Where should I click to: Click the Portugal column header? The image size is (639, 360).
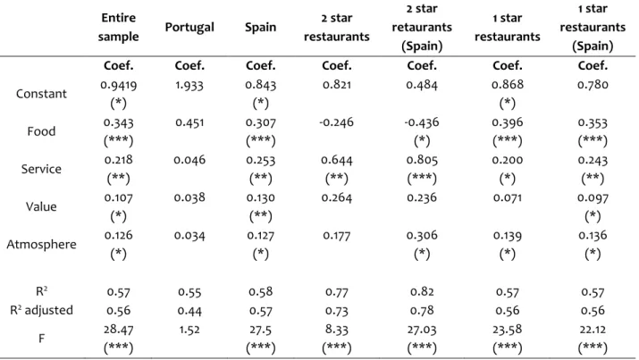[x=189, y=28]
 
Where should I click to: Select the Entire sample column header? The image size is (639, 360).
[x=118, y=28]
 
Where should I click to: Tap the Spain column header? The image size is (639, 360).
[x=260, y=28]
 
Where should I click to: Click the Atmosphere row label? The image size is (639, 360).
[x=41, y=245]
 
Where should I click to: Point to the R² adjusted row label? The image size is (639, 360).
[x=41, y=310]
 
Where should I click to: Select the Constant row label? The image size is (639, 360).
[x=41, y=94]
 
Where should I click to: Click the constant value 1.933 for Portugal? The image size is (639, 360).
[x=189, y=85]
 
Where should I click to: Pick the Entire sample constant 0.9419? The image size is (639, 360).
[x=118, y=85]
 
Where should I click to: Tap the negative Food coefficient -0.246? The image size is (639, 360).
[x=337, y=122]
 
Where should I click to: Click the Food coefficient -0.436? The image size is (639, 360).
[x=422, y=122]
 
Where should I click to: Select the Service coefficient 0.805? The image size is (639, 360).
[x=422, y=160]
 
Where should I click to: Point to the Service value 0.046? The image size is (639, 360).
[x=189, y=160]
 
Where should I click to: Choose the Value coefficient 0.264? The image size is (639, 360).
[x=337, y=198]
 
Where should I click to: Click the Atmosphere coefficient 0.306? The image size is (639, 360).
[x=422, y=236]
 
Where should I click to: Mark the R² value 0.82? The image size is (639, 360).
[x=422, y=292]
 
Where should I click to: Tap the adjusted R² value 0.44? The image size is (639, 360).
[x=189, y=311]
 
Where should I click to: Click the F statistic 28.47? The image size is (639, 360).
[x=118, y=330]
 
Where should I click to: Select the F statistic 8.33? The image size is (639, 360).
[x=337, y=330]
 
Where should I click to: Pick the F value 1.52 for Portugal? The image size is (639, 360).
[x=189, y=330]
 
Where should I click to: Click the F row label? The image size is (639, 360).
[x=41, y=339]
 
